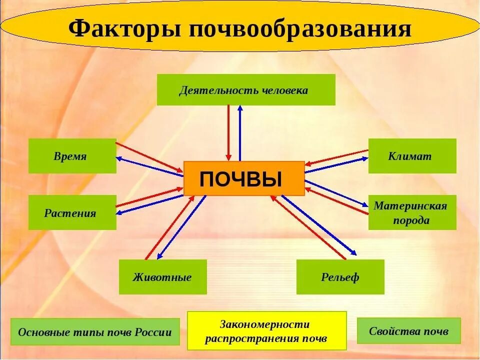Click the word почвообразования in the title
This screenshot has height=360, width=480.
point(300,28)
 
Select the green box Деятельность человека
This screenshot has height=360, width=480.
point(246,90)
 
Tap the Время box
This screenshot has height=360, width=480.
point(72,156)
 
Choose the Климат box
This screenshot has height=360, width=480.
point(412,156)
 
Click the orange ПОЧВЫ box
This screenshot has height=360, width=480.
point(243,178)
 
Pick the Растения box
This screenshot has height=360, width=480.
point(72,212)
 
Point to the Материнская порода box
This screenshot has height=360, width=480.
point(412,212)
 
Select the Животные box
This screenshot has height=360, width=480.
point(162,277)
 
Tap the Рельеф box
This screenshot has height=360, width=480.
point(340,277)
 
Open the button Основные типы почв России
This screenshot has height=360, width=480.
point(95,332)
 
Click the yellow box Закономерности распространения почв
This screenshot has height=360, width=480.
point(266,331)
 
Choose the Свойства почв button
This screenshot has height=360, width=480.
point(408,331)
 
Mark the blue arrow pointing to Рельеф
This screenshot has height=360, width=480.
point(320,224)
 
